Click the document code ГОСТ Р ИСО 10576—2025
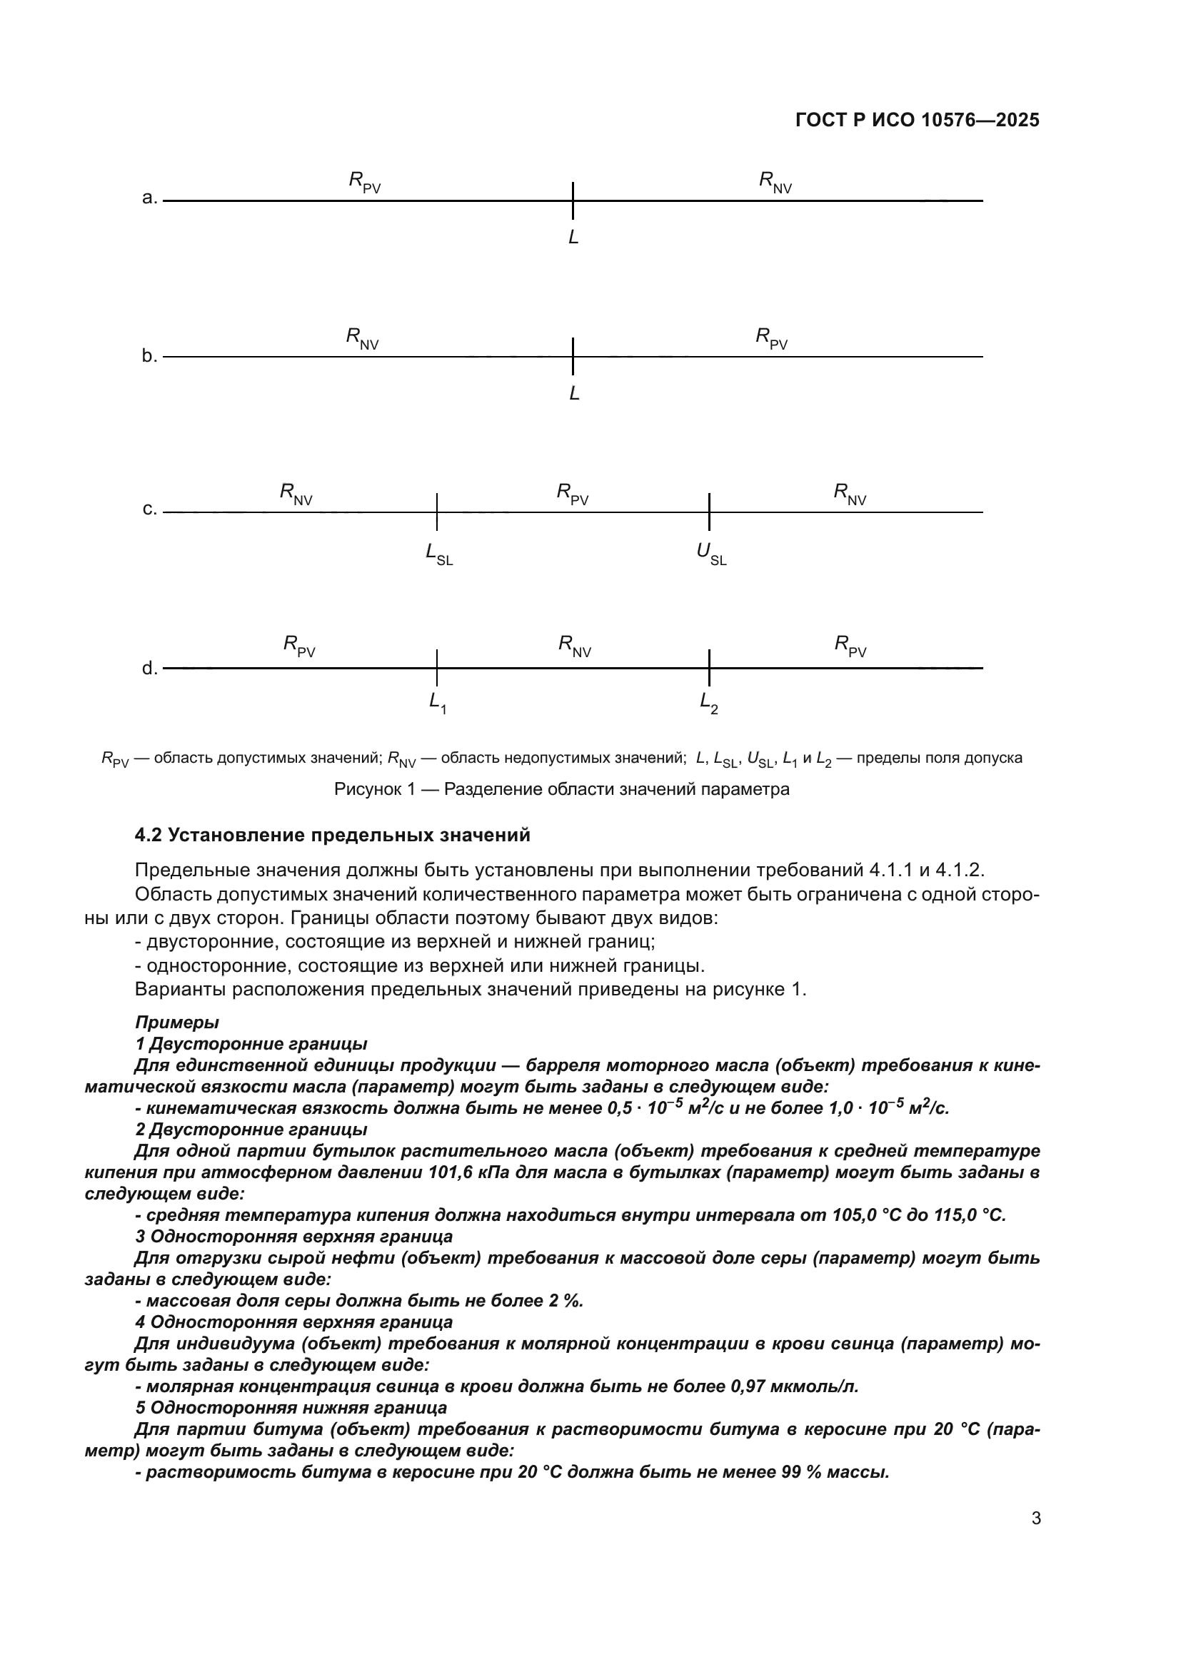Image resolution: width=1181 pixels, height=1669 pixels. tap(917, 121)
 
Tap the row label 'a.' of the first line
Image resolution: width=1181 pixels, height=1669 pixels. tap(150, 198)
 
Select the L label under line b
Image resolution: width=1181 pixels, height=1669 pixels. tap(574, 394)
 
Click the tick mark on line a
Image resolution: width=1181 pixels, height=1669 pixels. tap(573, 200)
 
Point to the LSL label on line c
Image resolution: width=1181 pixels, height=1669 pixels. tap(438, 554)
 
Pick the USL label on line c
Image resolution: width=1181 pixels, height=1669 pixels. tap(710, 554)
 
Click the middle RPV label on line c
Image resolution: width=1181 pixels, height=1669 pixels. tap(573, 494)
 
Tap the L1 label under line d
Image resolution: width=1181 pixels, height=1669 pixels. tap(437, 703)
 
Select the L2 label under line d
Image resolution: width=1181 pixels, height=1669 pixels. tap(708, 703)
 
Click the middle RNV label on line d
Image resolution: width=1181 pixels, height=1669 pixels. tap(575, 646)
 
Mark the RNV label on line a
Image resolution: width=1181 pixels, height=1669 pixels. tap(775, 183)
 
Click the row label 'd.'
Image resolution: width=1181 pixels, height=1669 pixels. tap(150, 668)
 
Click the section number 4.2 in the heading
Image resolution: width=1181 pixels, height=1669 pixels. tap(149, 836)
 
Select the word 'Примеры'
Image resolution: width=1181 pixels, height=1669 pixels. tap(176, 1022)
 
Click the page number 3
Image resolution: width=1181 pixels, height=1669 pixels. tap(1036, 1518)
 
